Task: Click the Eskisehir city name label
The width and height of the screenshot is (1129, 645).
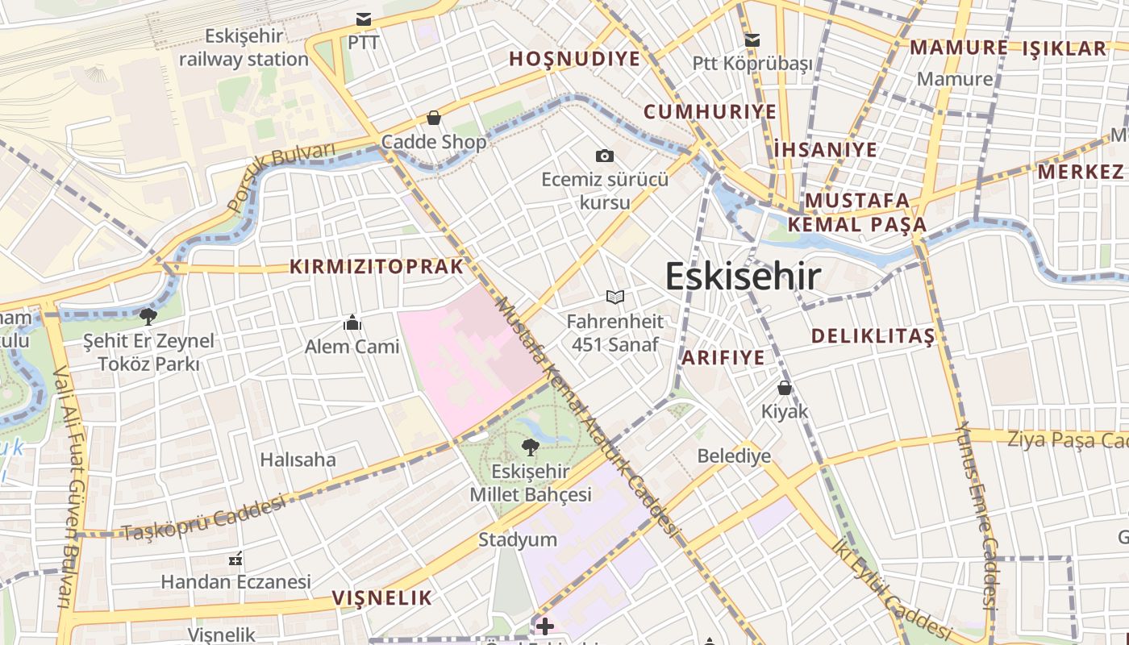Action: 743,277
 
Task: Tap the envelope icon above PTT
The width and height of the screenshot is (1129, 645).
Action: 364,19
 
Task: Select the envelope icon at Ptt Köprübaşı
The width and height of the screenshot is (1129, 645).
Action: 752,40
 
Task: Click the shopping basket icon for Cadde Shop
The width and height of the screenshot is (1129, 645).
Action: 434,119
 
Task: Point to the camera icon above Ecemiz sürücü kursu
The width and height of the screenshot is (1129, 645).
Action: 604,156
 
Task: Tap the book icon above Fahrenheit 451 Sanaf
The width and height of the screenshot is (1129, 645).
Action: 615,298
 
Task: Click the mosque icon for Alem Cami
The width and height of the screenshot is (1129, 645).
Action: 352,323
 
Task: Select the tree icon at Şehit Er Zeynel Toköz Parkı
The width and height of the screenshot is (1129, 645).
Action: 148,316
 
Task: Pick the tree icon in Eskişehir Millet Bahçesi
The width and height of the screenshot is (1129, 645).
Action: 530,447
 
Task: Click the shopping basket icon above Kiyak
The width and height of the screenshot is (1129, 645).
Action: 784,388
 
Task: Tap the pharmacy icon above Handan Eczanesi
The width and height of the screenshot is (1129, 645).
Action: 235,558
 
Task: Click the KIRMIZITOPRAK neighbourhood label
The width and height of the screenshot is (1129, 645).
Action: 377,267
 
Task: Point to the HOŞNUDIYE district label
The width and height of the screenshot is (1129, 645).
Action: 574,59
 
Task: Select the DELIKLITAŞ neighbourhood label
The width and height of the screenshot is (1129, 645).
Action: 873,336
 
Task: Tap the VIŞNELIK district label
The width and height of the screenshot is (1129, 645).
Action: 382,598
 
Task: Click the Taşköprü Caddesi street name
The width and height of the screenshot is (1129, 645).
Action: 203,518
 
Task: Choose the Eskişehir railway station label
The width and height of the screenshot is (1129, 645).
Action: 244,48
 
